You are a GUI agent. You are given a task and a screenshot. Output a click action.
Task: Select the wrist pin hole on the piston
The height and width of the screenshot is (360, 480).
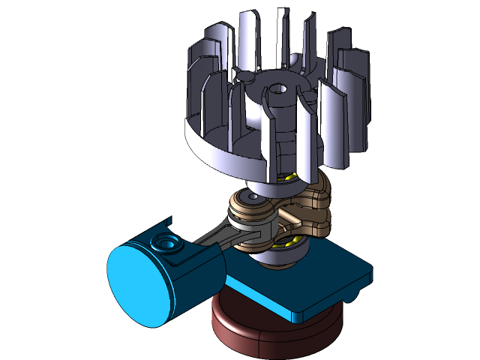(165, 244)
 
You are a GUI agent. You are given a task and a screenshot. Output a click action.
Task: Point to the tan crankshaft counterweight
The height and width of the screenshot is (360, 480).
(315, 202)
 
